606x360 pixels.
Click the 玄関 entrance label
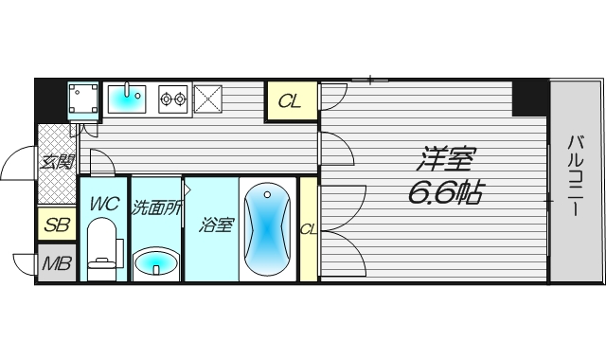(56, 162)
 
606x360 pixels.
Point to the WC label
(103, 203)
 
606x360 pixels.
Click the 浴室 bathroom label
(216, 225)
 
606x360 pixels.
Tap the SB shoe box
(56, 225)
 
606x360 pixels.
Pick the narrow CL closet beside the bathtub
(308, 228)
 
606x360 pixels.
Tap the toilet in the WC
(103, 248)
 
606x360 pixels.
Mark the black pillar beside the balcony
(530, 95)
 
